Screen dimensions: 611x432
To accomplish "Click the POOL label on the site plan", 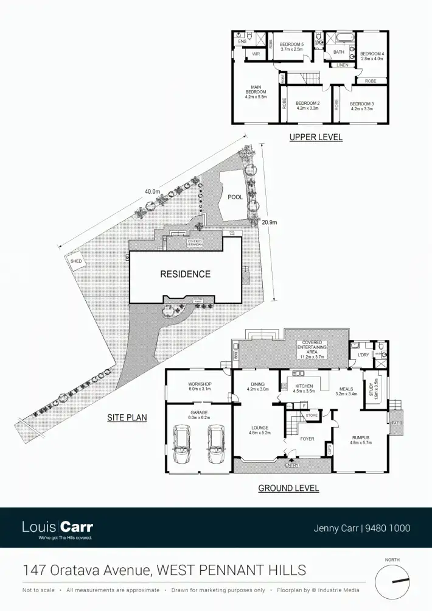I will pyautogui.click(x=235, y=197).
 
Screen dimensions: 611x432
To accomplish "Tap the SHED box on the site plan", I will pyautogui.click(x=76, y=261).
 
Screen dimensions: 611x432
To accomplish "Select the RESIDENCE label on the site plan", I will pyautogui.click(x=185, y=274).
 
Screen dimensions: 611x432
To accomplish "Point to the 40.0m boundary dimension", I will pyautogui.click(x=152, y=191).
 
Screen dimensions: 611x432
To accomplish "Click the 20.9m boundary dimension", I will pyautogui.click(x=269, y=222).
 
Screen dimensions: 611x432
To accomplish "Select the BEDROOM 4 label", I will pyautogui.click(x=372, y=56).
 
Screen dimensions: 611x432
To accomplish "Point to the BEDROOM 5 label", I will pyautogui.click(x=291, y=47).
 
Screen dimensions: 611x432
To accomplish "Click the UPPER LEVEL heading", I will pyautogui.click(x=316, y=138).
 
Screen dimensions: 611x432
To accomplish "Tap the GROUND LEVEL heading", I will pyautogui.click(x=288, y=488).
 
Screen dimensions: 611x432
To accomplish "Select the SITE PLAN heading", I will pyautogui.click(x=128, y=418).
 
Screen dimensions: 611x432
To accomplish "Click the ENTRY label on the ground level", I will pyautogui.click(x=292, y=465).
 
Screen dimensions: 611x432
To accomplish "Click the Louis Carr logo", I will pyautogui.click(x=57, y=528).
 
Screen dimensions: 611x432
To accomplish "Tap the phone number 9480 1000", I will pyautogui.click(x=388, y=528).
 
